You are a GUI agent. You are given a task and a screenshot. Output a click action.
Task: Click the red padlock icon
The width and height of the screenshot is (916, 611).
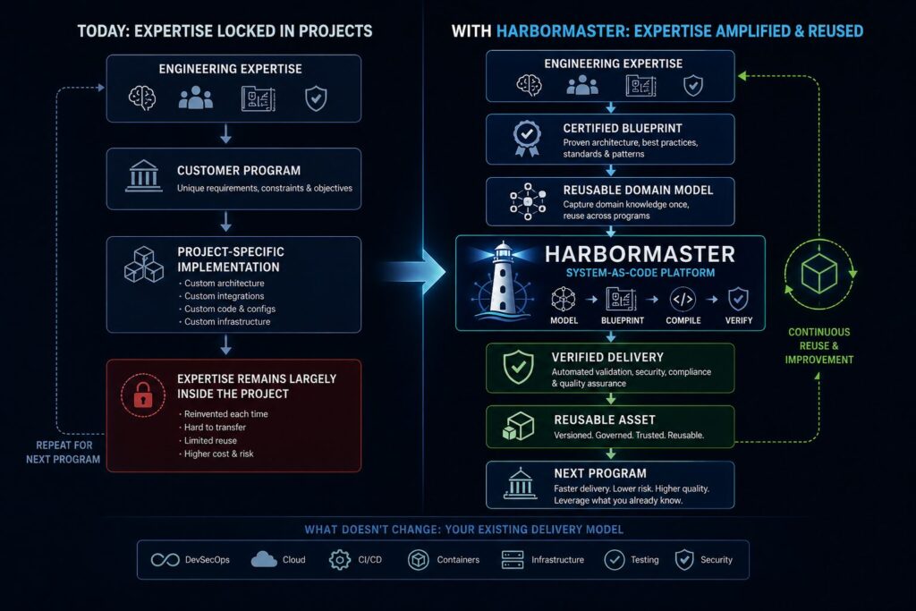[x=143, y=395]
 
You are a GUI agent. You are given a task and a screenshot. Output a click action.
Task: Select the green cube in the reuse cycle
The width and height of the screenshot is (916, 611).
[x=819, y=274]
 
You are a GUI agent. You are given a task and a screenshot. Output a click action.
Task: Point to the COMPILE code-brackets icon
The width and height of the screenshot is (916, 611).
[x=683, y=300]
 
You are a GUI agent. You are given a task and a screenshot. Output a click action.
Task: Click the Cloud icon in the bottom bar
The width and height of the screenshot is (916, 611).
[x=264, y=560]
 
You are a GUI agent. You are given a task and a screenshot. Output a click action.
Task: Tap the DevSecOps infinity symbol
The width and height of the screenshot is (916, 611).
[x=165, y=560]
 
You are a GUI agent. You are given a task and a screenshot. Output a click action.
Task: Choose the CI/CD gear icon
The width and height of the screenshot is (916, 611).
[x=339, y=560]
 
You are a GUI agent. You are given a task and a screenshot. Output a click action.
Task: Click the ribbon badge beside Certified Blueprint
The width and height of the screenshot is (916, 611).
[x=526, y=139]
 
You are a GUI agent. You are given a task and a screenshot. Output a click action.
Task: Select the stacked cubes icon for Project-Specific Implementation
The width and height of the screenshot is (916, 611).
[x=144, y=265]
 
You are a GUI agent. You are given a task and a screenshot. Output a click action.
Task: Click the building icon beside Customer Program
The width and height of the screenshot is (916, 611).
[x=144, y=176]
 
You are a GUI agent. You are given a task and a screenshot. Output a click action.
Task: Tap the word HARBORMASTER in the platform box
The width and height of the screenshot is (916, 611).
[x=640, y=254]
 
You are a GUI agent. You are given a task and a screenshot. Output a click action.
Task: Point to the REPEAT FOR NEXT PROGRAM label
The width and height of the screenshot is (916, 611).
[x=64, y=452]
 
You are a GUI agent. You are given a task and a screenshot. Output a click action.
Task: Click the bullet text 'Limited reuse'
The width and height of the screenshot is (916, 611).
[x=210, y=440]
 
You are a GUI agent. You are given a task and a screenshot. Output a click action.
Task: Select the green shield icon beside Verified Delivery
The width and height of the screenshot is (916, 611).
[x=518, y=367]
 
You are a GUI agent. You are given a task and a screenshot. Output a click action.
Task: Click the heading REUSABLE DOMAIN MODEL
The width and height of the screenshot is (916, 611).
[x=638, y=190]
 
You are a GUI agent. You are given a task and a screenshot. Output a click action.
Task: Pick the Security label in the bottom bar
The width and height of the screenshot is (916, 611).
[x=717, y=560]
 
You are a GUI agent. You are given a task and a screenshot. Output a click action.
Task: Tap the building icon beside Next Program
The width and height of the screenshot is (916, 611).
[x=520, y=484]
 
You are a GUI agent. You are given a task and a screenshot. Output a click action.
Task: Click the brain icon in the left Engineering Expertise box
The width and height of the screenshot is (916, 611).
[x=142, y=98]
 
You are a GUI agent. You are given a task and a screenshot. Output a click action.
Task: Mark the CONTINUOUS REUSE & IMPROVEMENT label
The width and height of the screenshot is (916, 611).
[x=819, y=346]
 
